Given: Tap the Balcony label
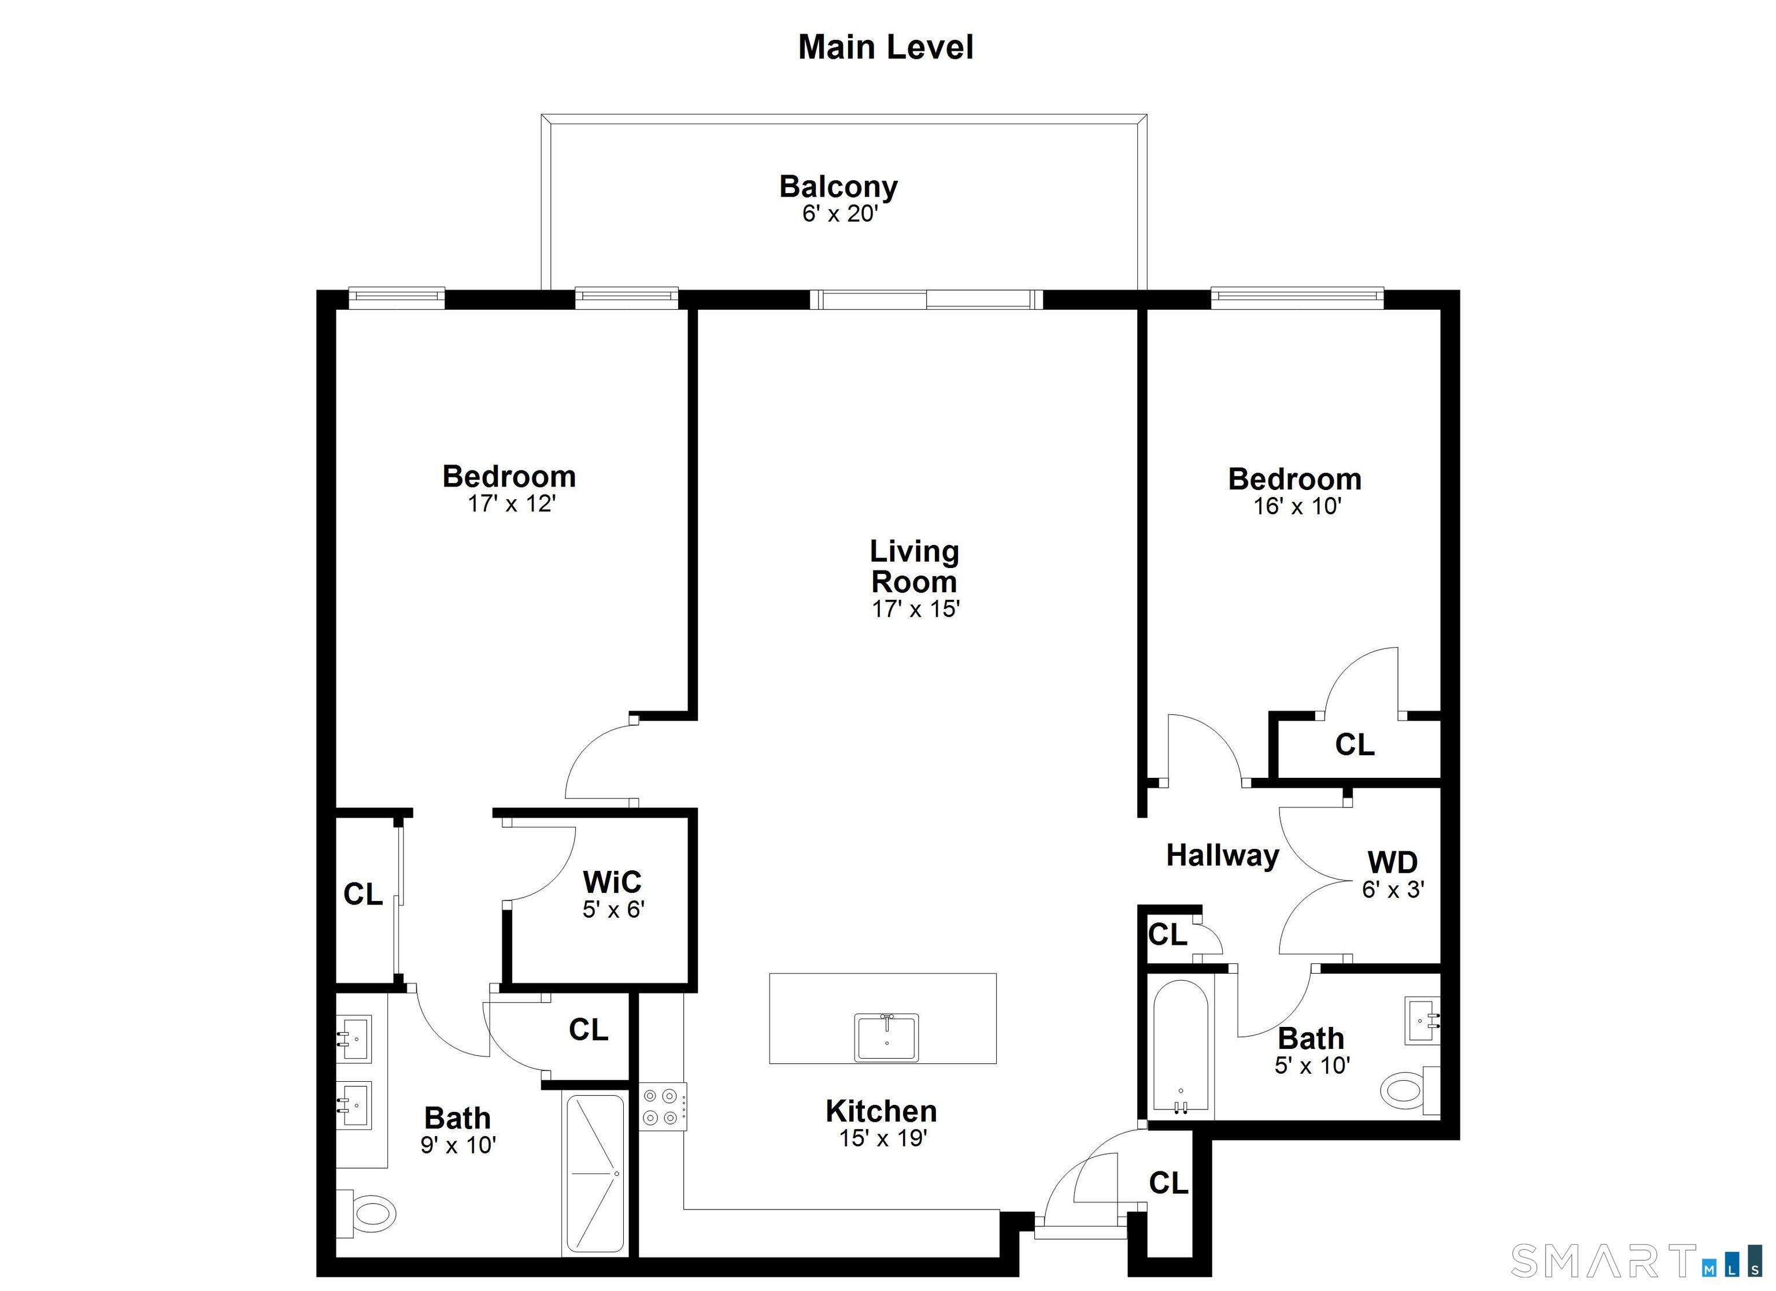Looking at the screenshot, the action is [839, 187].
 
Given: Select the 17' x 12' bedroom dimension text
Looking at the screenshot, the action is [511, 503].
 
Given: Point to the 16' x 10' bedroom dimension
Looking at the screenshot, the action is [1297, 507].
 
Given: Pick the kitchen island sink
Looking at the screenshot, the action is [886, 1037].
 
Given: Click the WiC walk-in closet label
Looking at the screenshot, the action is [612, 882].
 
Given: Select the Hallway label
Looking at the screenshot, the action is [1222, 856].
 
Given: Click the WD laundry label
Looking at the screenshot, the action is [1392, 863].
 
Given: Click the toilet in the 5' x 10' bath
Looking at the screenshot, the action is [1410, 1090].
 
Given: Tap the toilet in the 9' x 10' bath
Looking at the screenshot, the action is [367, 1214].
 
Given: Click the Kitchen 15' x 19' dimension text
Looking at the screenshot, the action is [883, 1138].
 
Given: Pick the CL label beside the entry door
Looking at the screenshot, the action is [1168, 1183].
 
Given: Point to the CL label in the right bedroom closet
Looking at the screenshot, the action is [1355, 744].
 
